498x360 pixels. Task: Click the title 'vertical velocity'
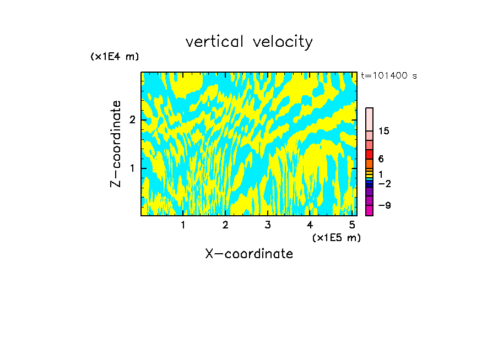click(x=249, y=42)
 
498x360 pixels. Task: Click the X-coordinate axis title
click(x=249, y=254)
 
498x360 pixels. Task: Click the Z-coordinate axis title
click(x=116, y=144)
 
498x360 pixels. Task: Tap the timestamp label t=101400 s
click(x=389, y=76)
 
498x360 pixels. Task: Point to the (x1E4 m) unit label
click(x=115, y=57)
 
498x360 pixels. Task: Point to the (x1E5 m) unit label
click(x=336, y=237)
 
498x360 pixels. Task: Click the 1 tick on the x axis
click(x=183, y=225)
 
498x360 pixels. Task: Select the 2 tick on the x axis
click(x=225, y=225)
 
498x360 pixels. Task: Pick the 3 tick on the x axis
click(x=268, y=225)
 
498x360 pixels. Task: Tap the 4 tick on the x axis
click(x=310, y=225)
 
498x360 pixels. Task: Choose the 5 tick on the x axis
click(x=352, y=225)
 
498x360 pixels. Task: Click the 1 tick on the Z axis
click(x=133, y=168)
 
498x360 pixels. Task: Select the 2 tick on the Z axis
click(x=133, y=120)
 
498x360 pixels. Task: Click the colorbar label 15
click(x=384, y=132)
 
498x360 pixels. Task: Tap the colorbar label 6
click(x=381, y=159)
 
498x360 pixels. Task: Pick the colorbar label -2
click(x=384, y=183)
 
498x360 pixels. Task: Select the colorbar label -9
click(x=384, y=205)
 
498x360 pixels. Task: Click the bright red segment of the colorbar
click(x=370, y=154)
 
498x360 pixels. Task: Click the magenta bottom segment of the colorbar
click(x=370, y=210)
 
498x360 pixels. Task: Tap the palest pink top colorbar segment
click(x=370, y=119)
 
